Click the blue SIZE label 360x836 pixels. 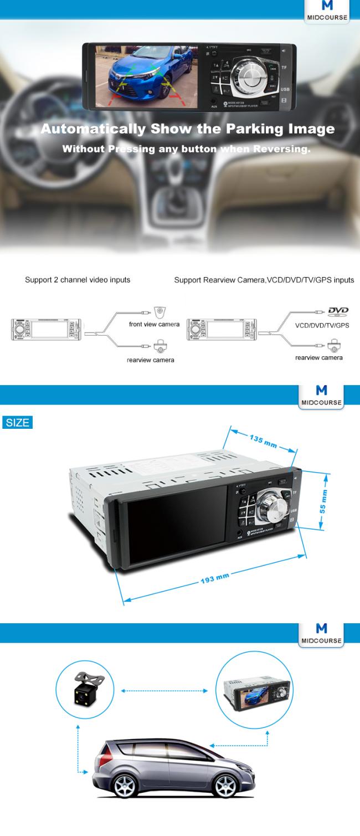(17, 423)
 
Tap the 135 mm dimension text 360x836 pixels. (263, 442)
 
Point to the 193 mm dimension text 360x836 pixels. (215, 579)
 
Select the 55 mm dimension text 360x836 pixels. (323, 501)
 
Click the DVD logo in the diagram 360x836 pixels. (338, 312)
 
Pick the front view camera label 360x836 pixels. (154, 324)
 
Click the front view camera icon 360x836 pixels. (160, 312)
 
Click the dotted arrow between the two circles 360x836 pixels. (164, 691)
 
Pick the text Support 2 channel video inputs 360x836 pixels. (78, 280)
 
